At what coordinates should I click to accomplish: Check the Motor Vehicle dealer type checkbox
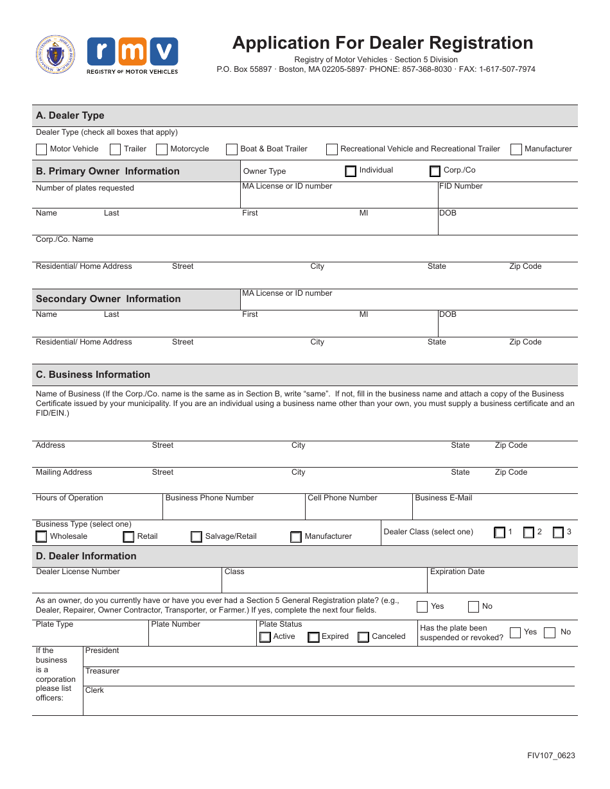[41, 149]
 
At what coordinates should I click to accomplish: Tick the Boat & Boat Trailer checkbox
[232, 149]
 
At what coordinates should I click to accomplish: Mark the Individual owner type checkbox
[351, 171]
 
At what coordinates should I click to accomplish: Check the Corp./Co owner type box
[435, 171]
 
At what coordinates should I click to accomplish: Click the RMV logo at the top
[132, 55]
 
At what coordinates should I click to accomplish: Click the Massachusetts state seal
[55, 55]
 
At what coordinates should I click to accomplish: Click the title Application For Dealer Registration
[383, 43]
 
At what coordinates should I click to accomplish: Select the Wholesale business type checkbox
[41, 536]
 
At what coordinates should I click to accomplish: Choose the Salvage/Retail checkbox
[196, 537]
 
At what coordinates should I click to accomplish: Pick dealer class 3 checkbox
[558, 532]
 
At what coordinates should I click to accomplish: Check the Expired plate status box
[313, 637]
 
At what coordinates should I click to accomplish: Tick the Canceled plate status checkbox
[363, 637]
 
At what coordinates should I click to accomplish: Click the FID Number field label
[460, 186]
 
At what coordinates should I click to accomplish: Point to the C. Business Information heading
[93, 375]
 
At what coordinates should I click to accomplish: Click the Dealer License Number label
[78, 572]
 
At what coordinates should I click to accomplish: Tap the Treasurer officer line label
[103, 671]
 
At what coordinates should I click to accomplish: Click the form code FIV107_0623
[551, 755]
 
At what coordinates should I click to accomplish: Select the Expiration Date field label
[457, 572]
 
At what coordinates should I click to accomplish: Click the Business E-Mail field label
[443, 498]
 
